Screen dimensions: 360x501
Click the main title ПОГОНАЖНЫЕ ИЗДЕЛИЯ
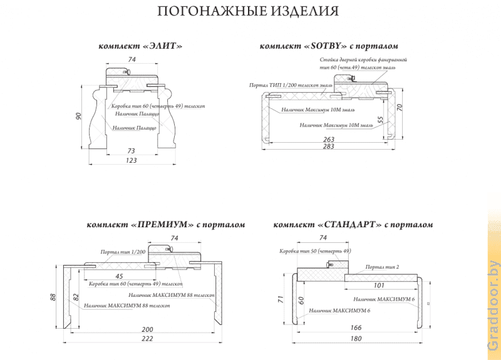[x=248, y=11]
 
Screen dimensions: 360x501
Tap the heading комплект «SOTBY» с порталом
[x=329, y=46]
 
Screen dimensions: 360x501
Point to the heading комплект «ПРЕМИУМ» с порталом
[x=166, y=224]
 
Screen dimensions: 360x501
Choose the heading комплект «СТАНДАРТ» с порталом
[x=353, y=224]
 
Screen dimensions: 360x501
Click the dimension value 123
[x=131, y=160]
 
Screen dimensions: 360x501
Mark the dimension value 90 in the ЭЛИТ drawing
[x=79, y=117]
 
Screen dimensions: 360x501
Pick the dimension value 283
[x=328, y=147]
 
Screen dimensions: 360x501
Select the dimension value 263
[x=328, y=139]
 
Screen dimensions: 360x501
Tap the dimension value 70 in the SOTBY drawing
[x=400, y=108]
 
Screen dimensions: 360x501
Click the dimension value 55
[x=380, y=120]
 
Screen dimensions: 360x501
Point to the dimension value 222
[x=147, y=338]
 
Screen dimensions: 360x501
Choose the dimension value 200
[x=147, y=329]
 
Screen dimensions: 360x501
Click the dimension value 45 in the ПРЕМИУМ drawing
[x=119, y=275]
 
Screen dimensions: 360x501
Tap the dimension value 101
[x=379, y=285]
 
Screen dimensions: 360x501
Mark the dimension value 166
[x=356, y=327]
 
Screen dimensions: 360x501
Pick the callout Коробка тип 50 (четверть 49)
[x=315, y=251]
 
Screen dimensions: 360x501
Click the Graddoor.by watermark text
[x=493, y=306]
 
